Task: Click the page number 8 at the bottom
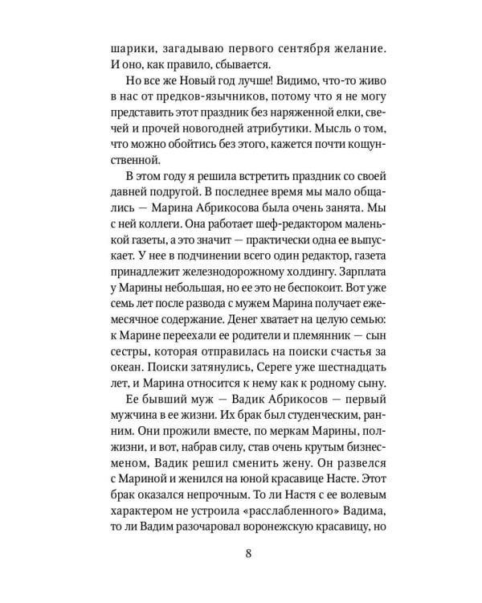pyautogui.click(x=249, y=553)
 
